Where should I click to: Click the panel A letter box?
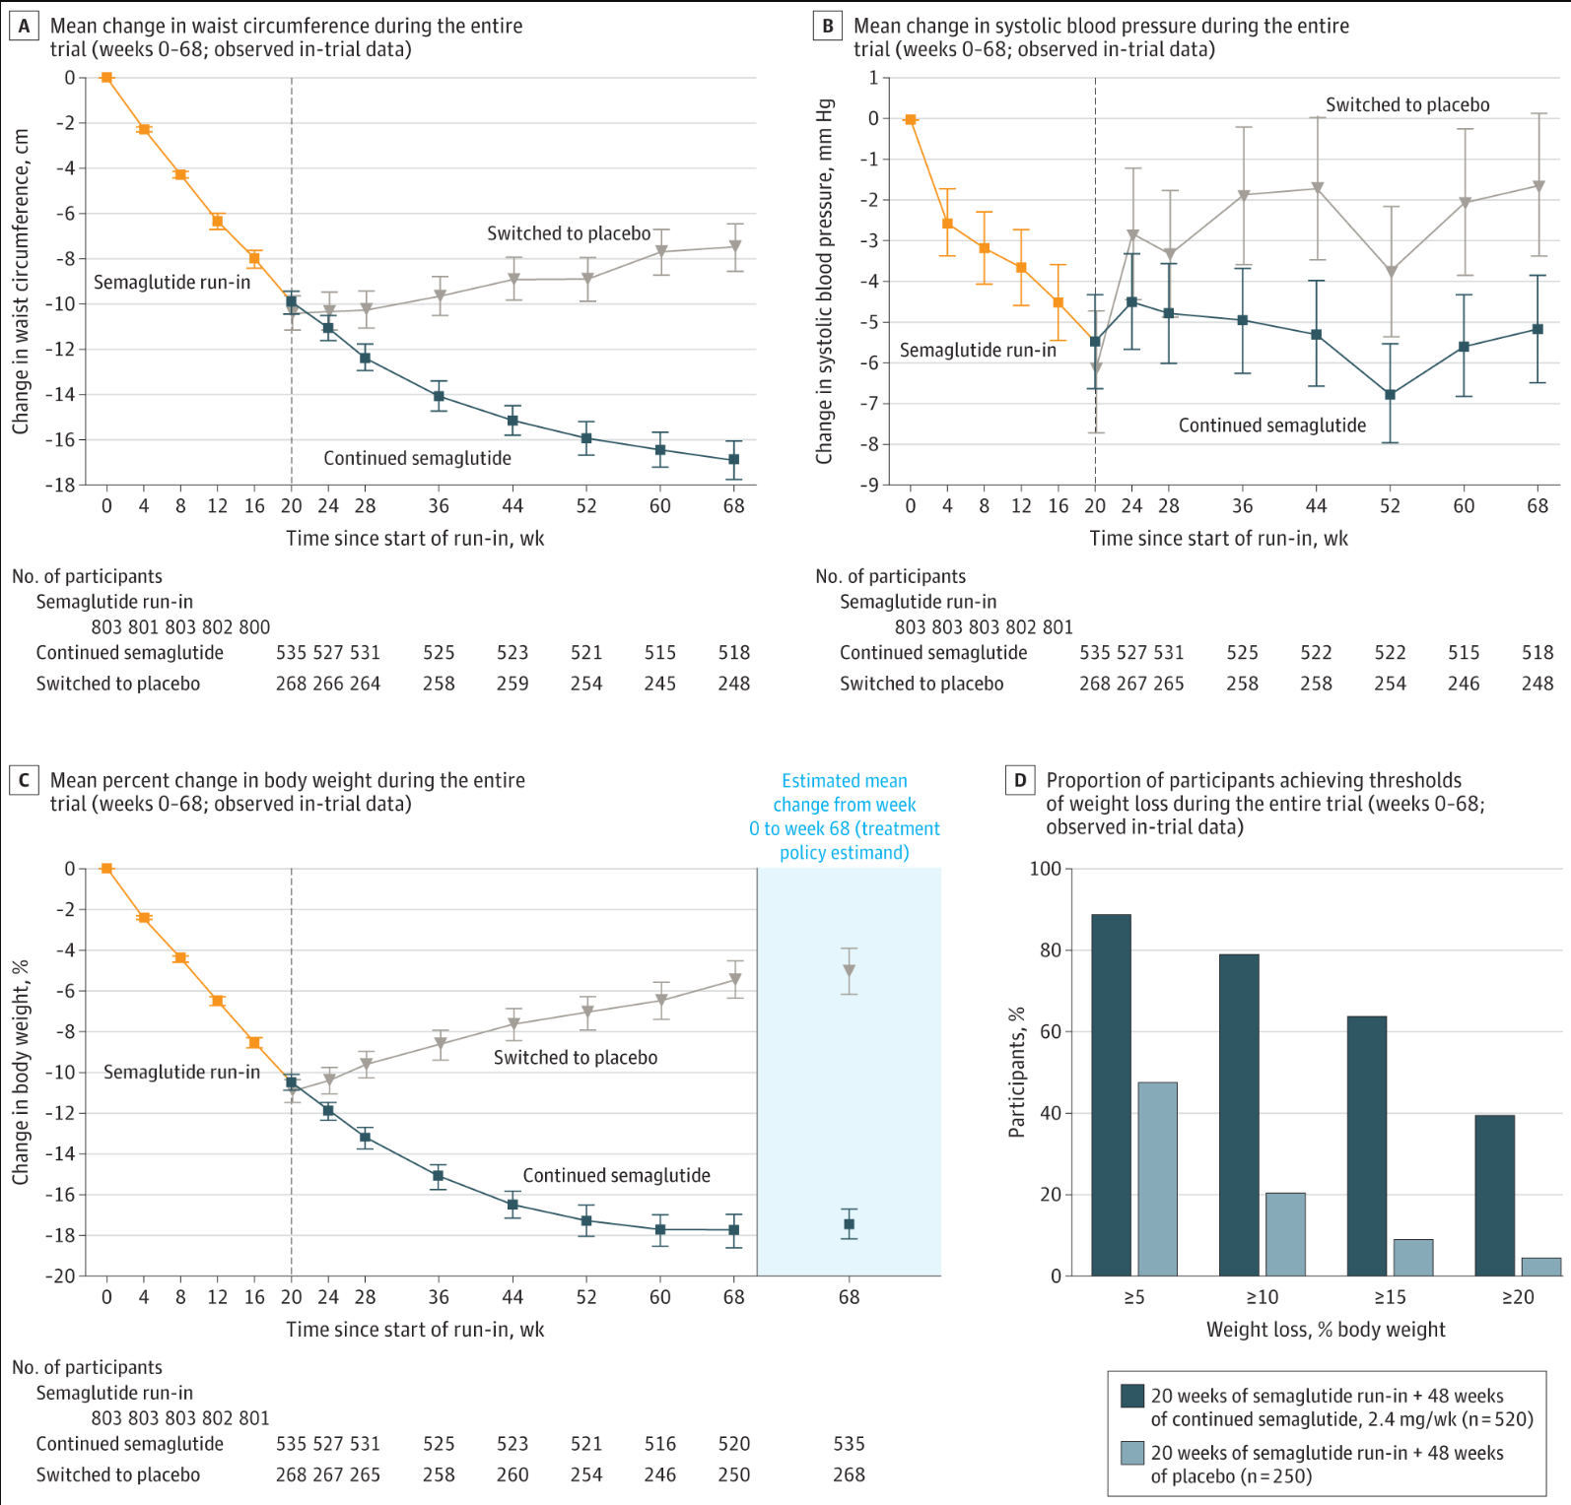point(24,26)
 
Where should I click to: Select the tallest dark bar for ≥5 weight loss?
point(1111,1095)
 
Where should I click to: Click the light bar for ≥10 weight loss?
point(1285,1234)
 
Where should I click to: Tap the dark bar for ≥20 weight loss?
point(1494,1196)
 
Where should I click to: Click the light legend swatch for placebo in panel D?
point(1132,1453)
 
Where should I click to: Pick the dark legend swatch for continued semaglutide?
point(1132,1396)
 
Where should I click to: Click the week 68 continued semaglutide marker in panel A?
point(733,460)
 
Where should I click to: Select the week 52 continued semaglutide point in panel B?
point(1390,395)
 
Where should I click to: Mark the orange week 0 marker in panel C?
point(106,869)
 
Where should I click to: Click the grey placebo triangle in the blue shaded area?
point(849,971)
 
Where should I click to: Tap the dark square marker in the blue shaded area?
point(849,1224)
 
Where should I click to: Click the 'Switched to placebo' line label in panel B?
point(1407,104)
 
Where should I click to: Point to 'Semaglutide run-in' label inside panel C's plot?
point(181,1072)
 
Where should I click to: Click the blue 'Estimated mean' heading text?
point(845,781)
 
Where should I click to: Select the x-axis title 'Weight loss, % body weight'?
point(1326,1330)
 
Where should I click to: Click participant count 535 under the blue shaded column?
point(849,1444)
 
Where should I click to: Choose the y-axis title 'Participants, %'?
point(1017,1072)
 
